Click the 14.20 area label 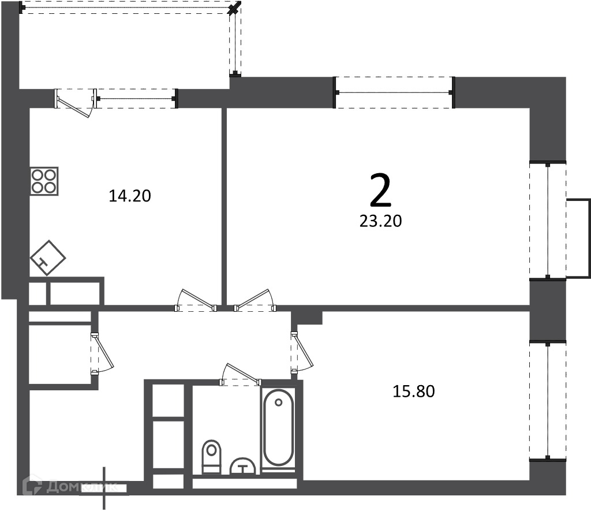[x=130, y=196]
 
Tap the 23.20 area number [x=381, y=221]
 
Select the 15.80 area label [x=414, y=391]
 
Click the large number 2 [x=381, y=191]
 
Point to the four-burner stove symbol [x=44, y=181]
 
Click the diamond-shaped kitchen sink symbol [x=47, y=258]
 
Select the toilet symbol [x=211, y=457]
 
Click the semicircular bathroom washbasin [x=244, y=466]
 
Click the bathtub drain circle [x=279, y=402]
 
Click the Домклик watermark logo [x=70, y=487]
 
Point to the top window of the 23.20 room [x=394, y=92]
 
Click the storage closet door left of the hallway [x=102, y=353]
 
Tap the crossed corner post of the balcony [x=235, y=8]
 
